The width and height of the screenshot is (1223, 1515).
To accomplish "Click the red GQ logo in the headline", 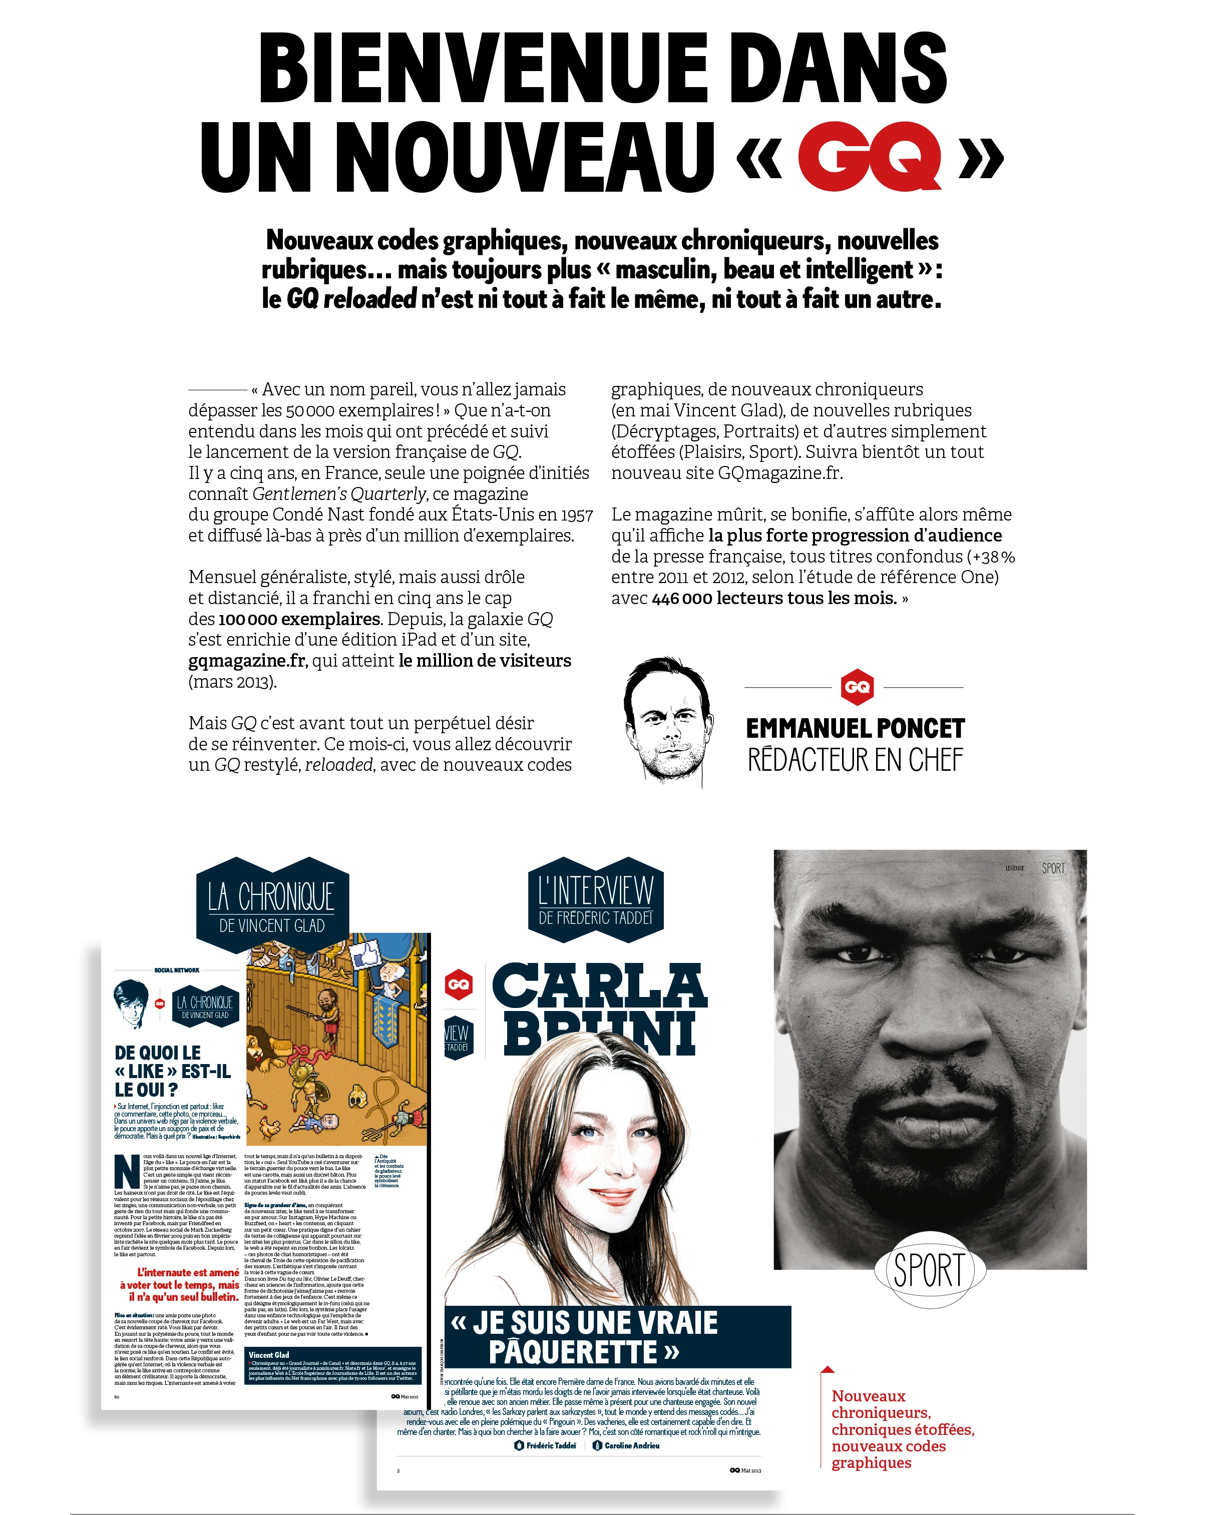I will (x=870, y=156).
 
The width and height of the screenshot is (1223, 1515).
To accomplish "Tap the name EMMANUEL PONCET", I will (x=855, y=728).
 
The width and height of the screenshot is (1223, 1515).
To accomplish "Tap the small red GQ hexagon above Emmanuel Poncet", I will (x=857, y=687).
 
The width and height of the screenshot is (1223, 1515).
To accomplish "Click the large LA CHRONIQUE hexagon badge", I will (x=272, y=905).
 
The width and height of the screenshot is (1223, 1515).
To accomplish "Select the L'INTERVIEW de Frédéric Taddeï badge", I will (x=595, y=900).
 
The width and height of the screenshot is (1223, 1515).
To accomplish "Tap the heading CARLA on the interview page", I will (x=599, y=986).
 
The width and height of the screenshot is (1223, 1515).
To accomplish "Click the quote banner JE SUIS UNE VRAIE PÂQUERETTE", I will (x=617, y=1337).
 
